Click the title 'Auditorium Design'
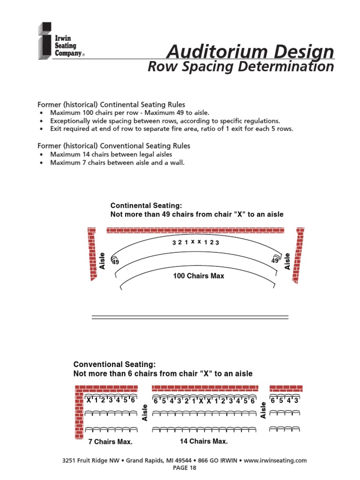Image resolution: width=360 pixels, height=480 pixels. (x=250, y=51)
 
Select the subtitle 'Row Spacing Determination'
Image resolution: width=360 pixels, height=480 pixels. (x=240, y=67)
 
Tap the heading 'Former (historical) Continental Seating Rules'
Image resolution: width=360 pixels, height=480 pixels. (x=111, y=105)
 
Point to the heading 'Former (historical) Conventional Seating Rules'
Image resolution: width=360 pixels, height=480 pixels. (x=113, y=146)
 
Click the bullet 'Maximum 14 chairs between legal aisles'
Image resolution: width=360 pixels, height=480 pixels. (x=111, y=154)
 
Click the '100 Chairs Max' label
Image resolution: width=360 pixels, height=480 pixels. (x=199, y=276)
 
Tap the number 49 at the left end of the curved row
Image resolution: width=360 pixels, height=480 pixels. (x=115, y=263)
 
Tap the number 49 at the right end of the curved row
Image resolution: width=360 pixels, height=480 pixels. (x=275, y=260)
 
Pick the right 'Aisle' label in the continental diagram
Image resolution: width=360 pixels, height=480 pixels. (x=287, y=261)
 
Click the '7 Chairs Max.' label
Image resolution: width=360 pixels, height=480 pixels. (x=110, y=442)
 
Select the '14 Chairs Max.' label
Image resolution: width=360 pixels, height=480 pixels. (x=204, y=441)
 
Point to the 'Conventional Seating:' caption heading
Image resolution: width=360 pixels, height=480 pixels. (x=114, y=364)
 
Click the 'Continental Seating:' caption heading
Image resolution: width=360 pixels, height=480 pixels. (x=146, y=205)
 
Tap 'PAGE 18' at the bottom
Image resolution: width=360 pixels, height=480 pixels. (x=184, y=468)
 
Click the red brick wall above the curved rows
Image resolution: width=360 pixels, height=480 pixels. (x=195, y=230)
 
